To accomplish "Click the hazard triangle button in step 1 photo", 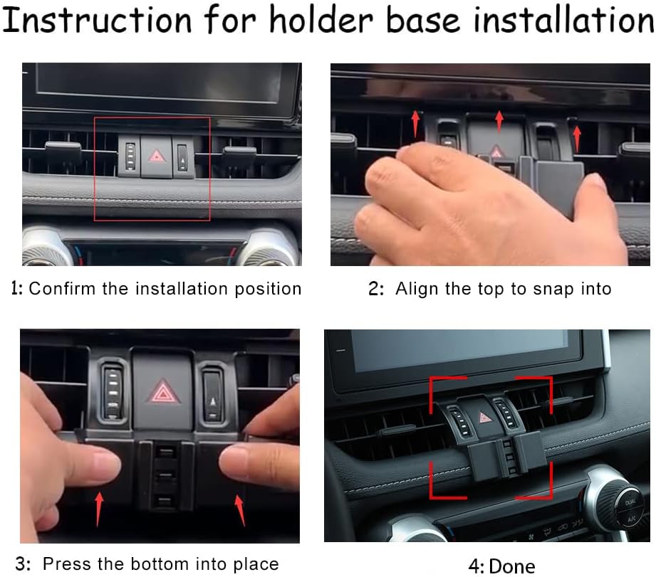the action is tap(157, 157).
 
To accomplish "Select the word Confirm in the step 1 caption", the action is tap(62, 289).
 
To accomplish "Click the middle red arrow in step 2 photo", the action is tap(499, 122).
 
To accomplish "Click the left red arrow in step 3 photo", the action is tap(99, 509).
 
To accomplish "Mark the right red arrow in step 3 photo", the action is tap(240, 510).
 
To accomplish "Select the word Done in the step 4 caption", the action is tap(511, 566).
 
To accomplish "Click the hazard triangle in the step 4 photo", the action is tap(485, 417).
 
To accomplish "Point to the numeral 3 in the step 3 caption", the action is tap(21, 564).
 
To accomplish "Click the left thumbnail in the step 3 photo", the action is tap(106, 463).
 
